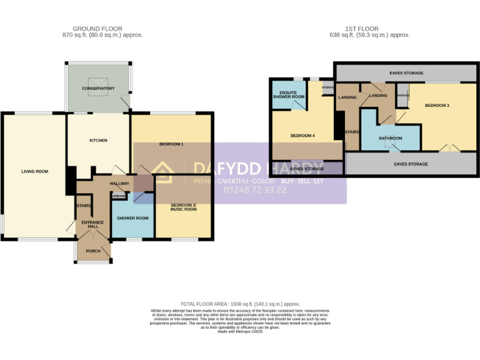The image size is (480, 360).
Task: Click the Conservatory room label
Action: (x=99, y=89)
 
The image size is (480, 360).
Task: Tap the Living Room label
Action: (x=34, y=171)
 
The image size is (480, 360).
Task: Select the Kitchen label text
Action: (x=98, y=141)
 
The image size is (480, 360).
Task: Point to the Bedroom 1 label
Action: (x=171, y=144)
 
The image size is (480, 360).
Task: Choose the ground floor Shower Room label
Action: (x=133, y=218)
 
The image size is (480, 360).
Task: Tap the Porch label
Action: (x=93, y=251)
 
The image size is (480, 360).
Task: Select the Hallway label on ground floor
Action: (x=119, y=184)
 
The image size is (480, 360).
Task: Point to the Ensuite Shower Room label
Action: (x=288, y=95)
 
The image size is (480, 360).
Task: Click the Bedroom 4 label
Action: (x=302, y=136)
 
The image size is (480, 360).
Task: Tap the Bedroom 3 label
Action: (x=437, y=106)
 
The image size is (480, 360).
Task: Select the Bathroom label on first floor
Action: (x=391, y=138)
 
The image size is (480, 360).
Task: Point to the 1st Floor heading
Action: (x=369, y=29)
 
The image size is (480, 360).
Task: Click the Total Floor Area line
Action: (x=240, y=302)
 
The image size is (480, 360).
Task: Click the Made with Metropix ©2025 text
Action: (x=240, y=331)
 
